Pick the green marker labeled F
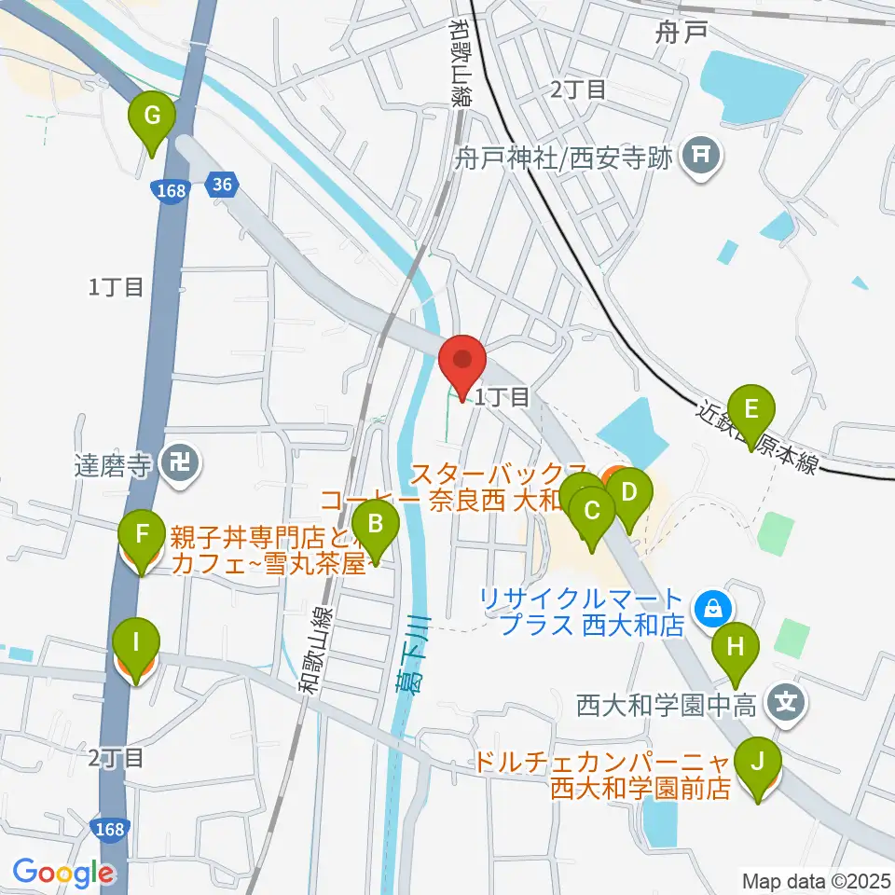142,536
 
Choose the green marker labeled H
735,646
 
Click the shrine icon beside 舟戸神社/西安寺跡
702,154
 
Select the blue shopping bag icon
713,608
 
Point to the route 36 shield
221,185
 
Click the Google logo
63,873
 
